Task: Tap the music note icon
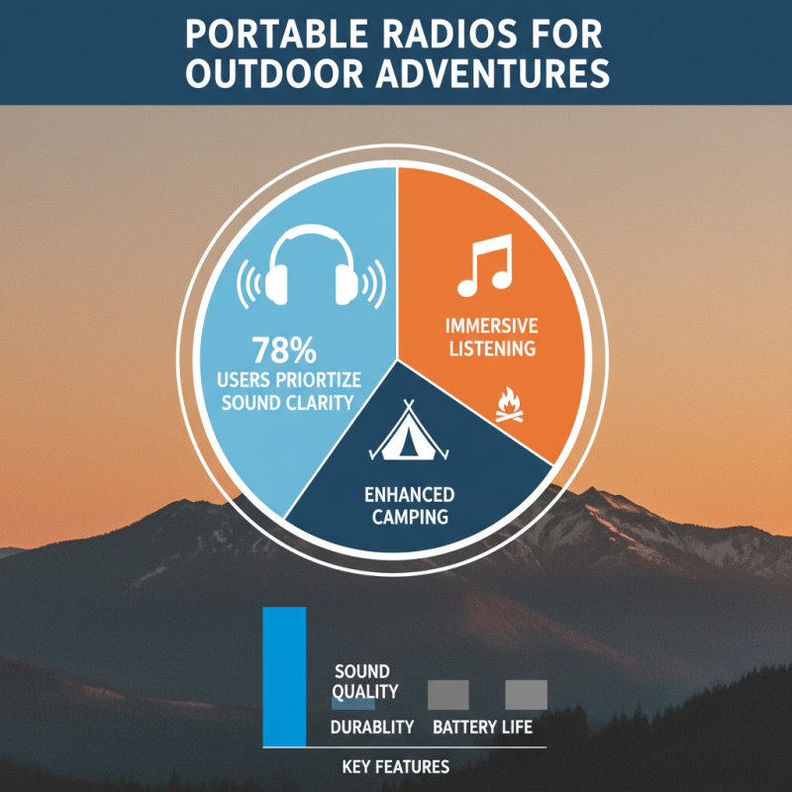[x=484, y=265]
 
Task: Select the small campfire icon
[x=508, y=405]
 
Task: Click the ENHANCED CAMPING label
[x=408, y=505]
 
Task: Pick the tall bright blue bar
[x=284, y=676]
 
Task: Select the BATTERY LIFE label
[x=483, y=728]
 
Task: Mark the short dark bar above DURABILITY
[x=353, y=705]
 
